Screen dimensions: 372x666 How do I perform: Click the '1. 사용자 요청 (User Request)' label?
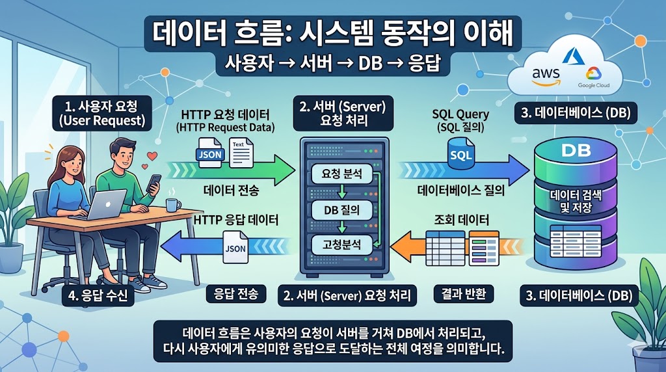(x=105, y=113)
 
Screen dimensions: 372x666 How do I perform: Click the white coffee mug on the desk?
(x=173, y=204)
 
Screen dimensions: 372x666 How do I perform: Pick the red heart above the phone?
(x=152, y=155)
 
